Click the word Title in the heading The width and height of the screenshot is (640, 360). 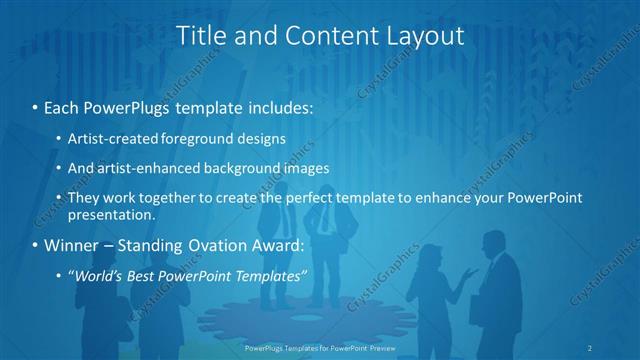199,36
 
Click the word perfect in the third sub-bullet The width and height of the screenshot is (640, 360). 345,198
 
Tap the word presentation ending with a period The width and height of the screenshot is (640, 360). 111,215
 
